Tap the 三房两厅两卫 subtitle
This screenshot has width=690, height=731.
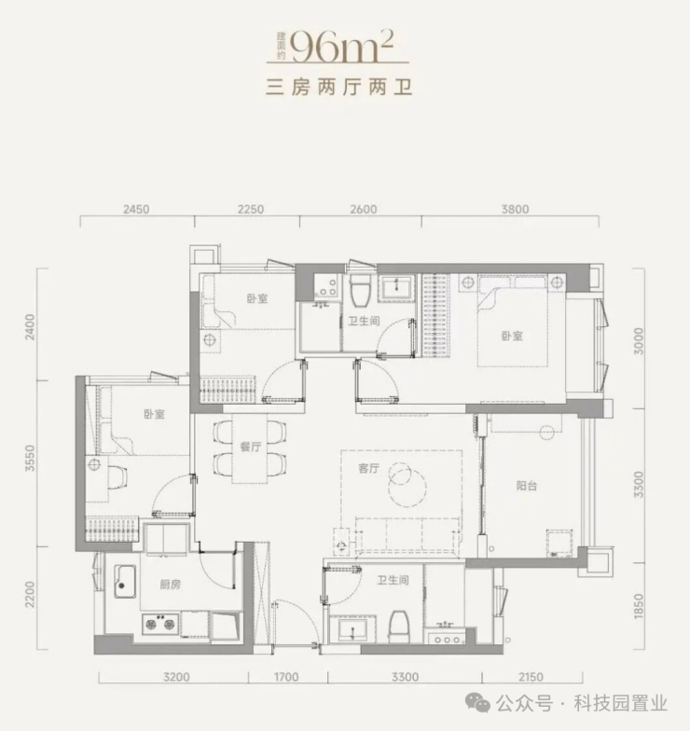coord(339,88)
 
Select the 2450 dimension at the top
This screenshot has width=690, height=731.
coord(136,209)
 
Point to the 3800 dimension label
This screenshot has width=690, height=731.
coord(515,209)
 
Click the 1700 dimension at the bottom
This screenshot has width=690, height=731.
coord(285,677)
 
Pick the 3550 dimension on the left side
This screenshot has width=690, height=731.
coord(30,458)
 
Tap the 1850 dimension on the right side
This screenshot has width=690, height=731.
coord(639,606)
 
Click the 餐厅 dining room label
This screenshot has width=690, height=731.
coord(250,447)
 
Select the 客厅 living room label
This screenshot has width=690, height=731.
coord(369,468)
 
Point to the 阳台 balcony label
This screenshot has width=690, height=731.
coord(526,486)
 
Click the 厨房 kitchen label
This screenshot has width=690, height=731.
coord(170,584)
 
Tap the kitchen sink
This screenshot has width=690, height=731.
coord(125,582)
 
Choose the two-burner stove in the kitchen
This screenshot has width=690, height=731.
coord(160,624)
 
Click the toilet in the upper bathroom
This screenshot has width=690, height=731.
coord(360,290)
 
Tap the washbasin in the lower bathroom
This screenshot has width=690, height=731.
coord(352,629)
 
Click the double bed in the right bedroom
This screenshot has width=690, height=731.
coord(512,321)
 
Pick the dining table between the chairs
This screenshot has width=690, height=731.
coord(250,448)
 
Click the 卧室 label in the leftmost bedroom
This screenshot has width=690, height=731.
coord(155,414)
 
